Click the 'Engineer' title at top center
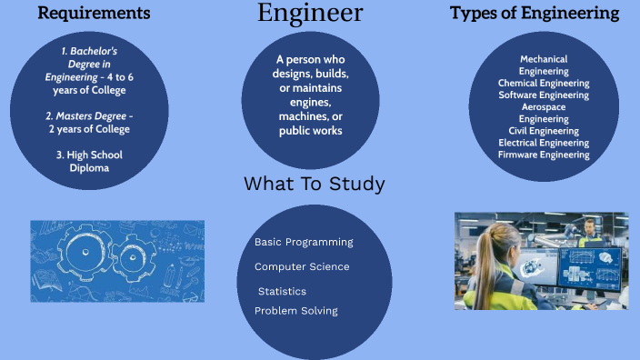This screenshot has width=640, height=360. point(310,14)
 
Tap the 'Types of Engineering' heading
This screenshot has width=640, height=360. point(535,14)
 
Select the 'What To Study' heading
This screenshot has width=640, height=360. point(314,185)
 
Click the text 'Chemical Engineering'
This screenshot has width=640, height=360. point(544,83)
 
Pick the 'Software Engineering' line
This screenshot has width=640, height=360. point(544,95)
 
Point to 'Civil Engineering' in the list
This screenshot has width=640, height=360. point(544,131)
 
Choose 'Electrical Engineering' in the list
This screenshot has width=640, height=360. point(544,143)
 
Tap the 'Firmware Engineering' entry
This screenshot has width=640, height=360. point(544,155)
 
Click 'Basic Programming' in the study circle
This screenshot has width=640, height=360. point(304,243)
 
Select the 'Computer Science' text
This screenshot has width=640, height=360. point(302,267)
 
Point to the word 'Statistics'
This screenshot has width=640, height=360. point(282,292)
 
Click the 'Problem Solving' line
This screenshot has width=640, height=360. point(296,311)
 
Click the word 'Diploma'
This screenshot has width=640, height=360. point(89,167)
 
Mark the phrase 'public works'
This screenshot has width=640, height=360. point(311,131)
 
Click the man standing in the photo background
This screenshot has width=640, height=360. point(591,231)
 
